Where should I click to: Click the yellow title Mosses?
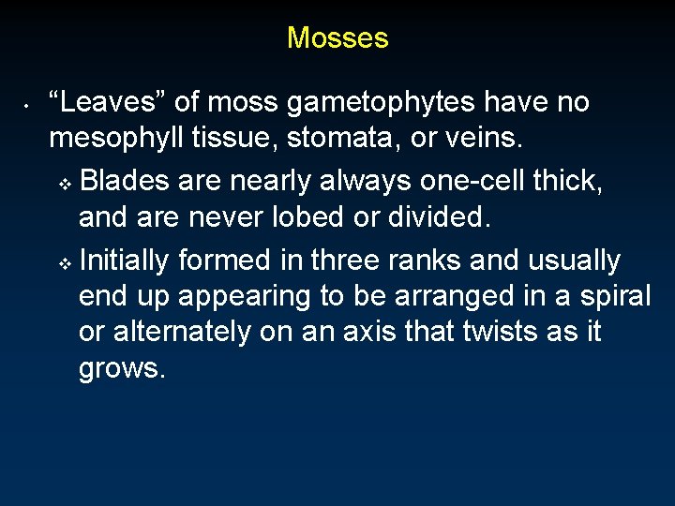pyautogui.click(x=337, y=37)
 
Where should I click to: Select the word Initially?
pyautogui.click(x=125, y=260)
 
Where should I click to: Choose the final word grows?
pyautogui.click(x=122, y=369)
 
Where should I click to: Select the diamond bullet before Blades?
pyautogui.click(x=65, y=183)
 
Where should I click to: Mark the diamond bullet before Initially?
pyautogui.click(x=65, y=262)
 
